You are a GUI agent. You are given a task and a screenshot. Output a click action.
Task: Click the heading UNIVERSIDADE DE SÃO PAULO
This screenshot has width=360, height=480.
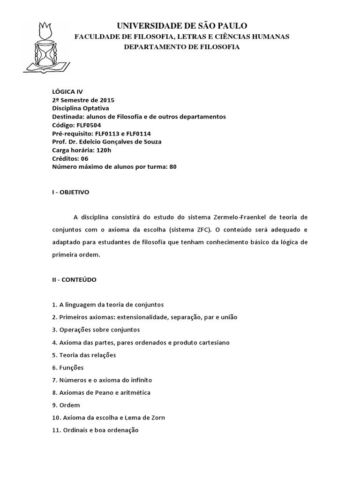(182, 25)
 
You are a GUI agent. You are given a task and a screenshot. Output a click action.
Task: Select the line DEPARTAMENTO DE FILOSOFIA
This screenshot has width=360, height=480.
(181, 47)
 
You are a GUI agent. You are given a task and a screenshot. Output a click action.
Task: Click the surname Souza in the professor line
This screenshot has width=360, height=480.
(151, 142)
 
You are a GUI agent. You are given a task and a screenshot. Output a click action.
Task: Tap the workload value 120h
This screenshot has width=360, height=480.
(103, 150)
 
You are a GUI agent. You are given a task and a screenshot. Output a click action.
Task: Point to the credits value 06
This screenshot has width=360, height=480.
(84, 158)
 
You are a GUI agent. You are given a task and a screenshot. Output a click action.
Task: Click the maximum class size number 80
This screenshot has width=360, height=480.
(172, 166)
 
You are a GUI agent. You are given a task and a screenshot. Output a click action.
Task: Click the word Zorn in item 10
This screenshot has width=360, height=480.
(157, 417)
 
